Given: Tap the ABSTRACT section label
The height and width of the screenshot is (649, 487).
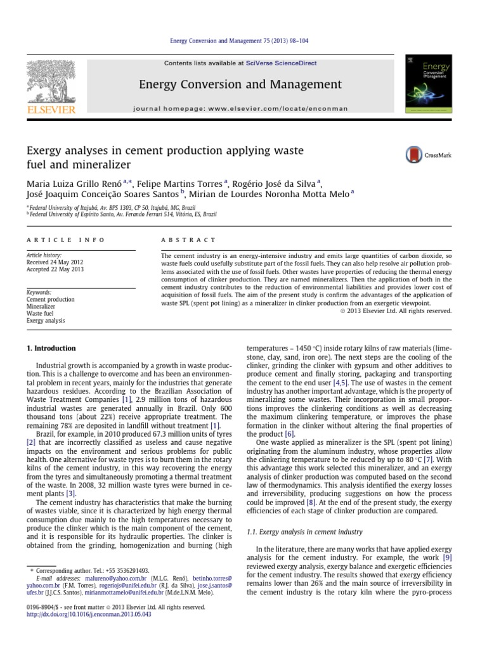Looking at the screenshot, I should [189, 240].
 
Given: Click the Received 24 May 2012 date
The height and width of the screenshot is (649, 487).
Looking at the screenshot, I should [55, 262].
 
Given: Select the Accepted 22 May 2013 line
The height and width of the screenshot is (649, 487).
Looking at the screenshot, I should [55, 269].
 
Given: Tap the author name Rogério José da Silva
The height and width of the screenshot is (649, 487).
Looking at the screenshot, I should [273, 183].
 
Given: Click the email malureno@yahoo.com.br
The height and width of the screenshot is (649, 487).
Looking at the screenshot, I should [118, 579].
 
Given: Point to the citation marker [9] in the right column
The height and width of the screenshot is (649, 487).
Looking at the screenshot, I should [447, 557].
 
